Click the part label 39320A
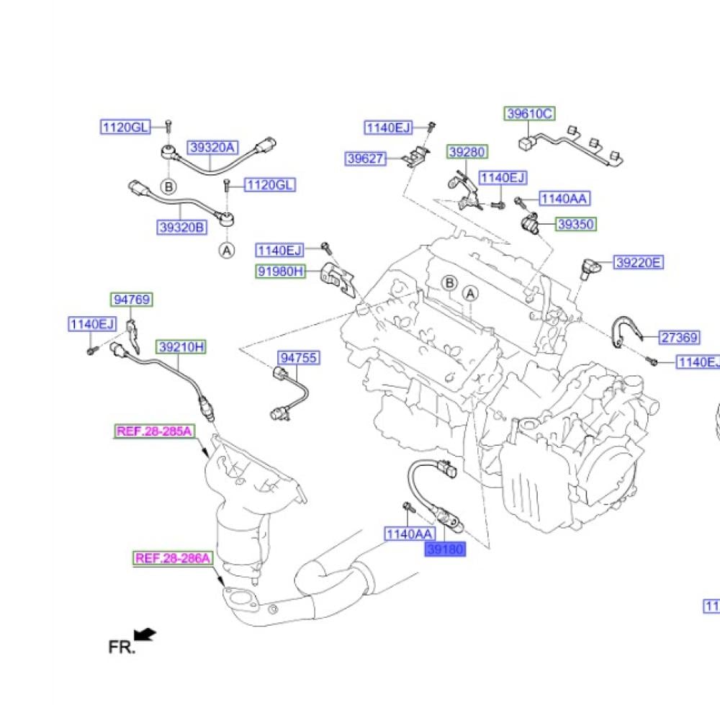tap(212, 148)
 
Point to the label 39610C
tap(528, 114)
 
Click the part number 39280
tap(467, 152)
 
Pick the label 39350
tap(576, 225)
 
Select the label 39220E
tap(638, 263)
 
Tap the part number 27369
tap(680, 336)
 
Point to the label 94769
tap(132, 300)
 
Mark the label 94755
tap(299, 358)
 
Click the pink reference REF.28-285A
tap(154, 431)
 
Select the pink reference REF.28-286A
tap(173, 558)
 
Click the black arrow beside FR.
tap(146, 634)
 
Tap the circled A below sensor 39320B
tap(227, 250)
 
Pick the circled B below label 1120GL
tap(168, 187)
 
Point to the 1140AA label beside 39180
tap(409, 534)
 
